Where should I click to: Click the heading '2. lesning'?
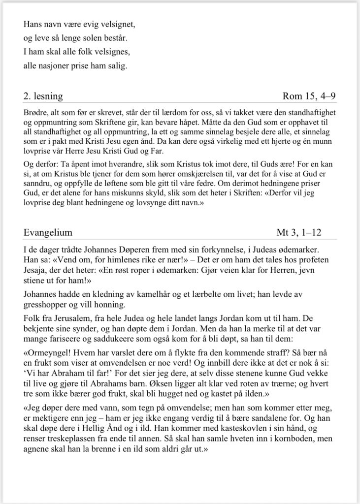pyautogui.click(x=43, y=96)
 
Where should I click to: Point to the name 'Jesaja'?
pyautogui.click(x=35, y=271)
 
